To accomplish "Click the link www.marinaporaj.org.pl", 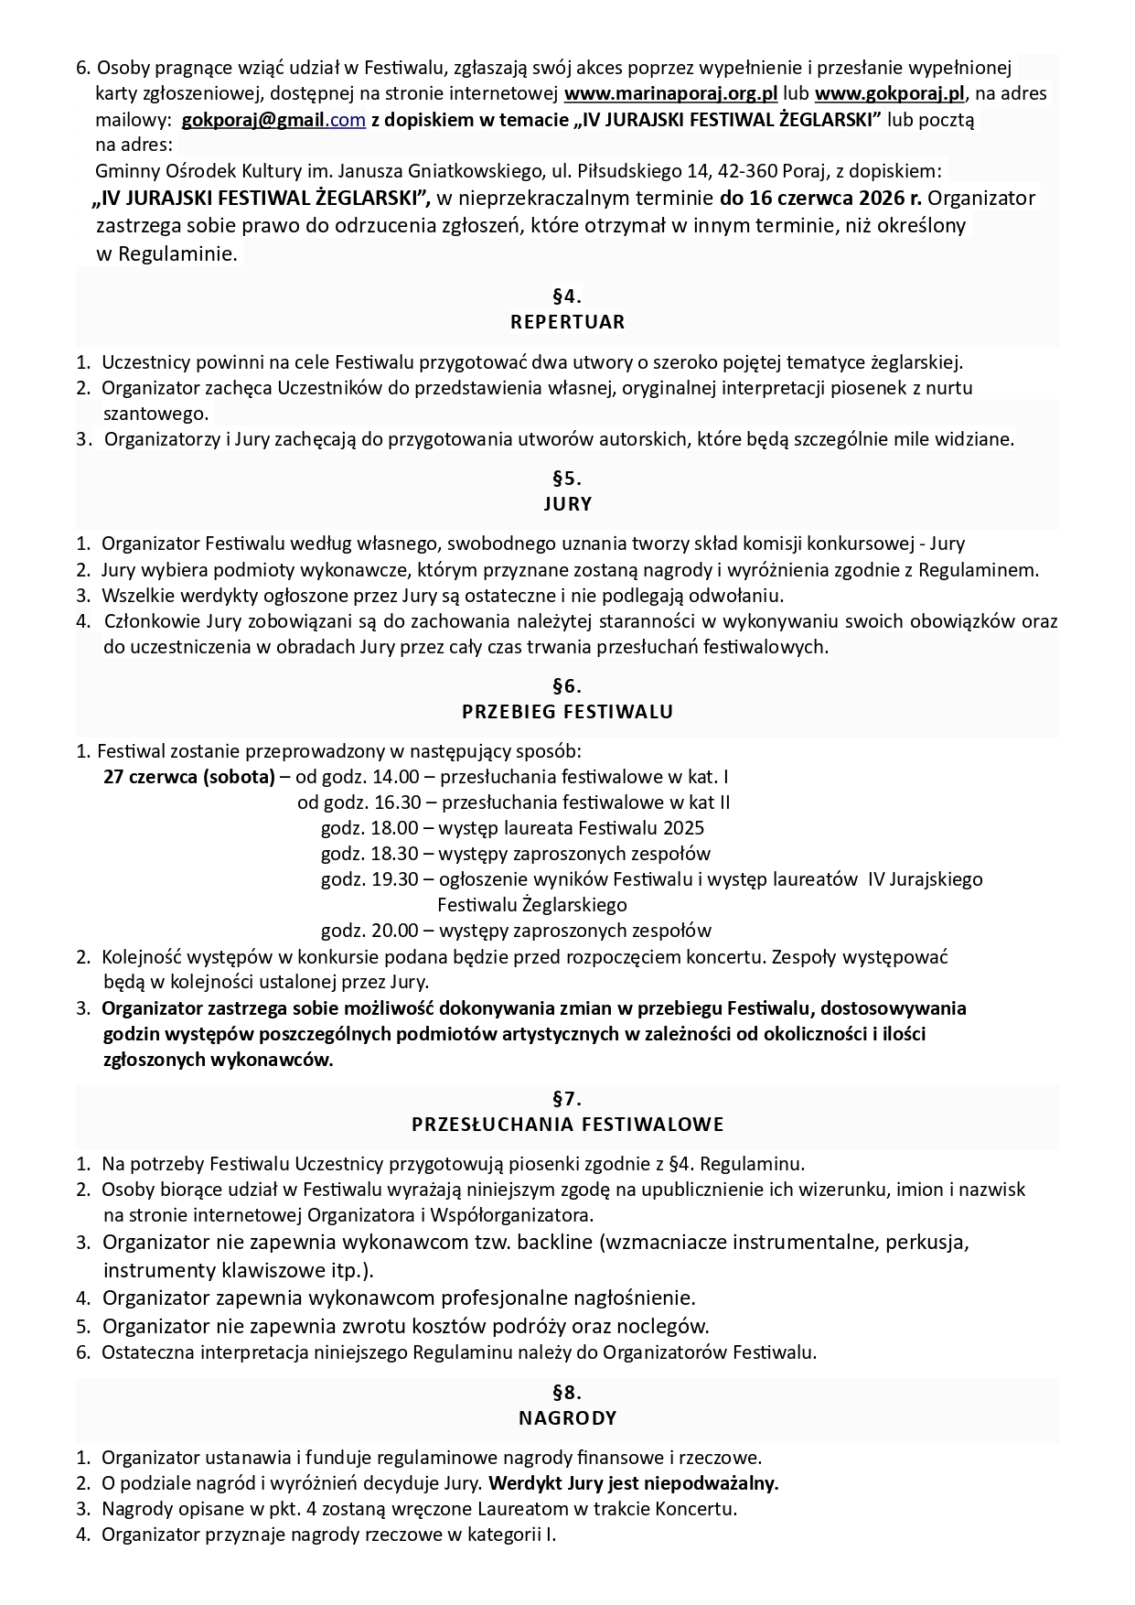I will [670, 93].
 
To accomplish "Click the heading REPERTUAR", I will [567, 322].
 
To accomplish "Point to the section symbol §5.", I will [567, 478].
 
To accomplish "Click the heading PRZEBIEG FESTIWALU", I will [567, 712].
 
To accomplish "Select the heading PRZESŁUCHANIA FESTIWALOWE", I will [567, 1124].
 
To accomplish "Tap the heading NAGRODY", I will [567, 1418].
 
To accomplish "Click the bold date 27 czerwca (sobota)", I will [189, 777].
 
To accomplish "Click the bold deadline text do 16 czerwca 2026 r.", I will [821, 198].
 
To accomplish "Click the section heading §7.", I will [567, 1098].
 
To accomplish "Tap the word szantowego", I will [156, 413].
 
